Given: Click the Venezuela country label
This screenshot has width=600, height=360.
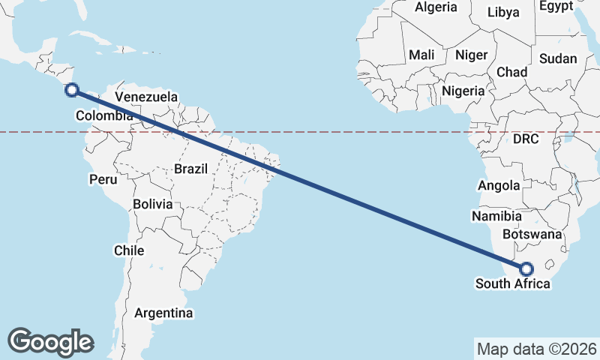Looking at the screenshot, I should coord(146,97).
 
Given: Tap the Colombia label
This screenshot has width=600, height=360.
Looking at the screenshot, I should coord(104,115).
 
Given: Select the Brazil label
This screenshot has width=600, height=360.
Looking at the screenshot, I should coord(190,169).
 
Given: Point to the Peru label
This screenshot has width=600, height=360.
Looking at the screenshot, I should coord(103,179).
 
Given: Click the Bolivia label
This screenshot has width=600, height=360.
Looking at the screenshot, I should coord(152,204).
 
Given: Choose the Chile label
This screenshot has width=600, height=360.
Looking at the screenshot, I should coord(129,250).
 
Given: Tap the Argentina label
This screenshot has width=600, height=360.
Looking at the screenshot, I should coord(163,312).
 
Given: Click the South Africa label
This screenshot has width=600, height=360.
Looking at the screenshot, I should coord(512,283).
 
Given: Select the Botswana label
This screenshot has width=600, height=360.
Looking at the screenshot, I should coord(532,234).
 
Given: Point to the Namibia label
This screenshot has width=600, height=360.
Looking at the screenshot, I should coord(496,216).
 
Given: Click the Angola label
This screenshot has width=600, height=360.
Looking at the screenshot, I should coord(499,185).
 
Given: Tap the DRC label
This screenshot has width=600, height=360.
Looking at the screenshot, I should coord(526,139).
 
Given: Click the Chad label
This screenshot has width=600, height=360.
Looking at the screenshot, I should coord(512,72).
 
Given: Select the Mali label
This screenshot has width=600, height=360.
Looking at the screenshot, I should coord(421,55).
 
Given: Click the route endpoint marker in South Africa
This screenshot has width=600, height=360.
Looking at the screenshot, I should coord(526,268).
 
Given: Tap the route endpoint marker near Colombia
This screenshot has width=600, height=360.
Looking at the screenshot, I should coord(72,91).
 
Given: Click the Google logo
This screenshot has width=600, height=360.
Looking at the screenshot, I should coord(50,341).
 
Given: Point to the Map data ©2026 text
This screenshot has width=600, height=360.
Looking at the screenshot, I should coord(537,349).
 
